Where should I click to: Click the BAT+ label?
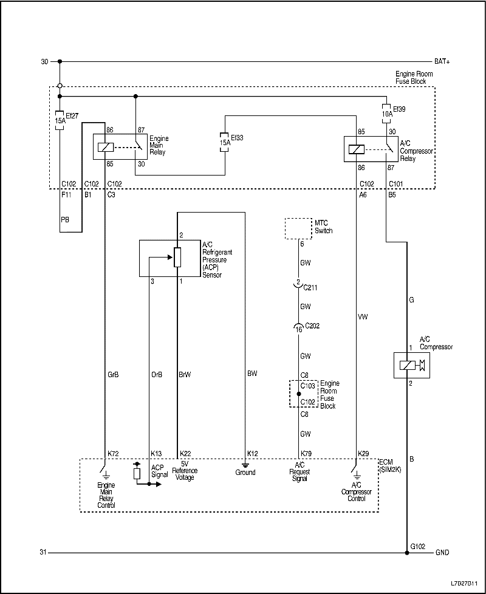pyautogui.click(x=442, y=61)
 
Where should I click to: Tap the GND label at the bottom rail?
pyautogui.click(x=442, y=553)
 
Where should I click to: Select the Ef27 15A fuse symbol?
pyautogui.click(x=60, y=120)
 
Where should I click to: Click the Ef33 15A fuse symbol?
pyautogui.click(x=225, y=143)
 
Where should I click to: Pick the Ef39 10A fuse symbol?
pyautogui.click(x=386, y=113)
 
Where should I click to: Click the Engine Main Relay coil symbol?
pyautogui.click(x=106, y=147)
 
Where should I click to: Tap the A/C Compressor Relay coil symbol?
pyautogui.click(x=356, y=149)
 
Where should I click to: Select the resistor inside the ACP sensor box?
pyautogui.click(x=177, y=258)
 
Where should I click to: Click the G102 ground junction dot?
pyautogui.click(x=407, y=553)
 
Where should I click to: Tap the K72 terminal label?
pyautogui.click(x=113, y=454)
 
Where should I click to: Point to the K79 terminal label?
pyautogui.click(x=306, y=454)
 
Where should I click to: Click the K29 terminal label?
pyautogui.click(x=363, y=454)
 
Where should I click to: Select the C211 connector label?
pyautogui.click(x=310, y=288)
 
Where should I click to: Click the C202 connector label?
pyautogui.click(x=312, y=326)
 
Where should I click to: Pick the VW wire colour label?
pyautogui.click(x=363, y=316)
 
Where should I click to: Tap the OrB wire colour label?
pyautogui.click(x=157, y=375)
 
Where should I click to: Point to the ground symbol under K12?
pyautogui.click(x=245, y=465)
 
